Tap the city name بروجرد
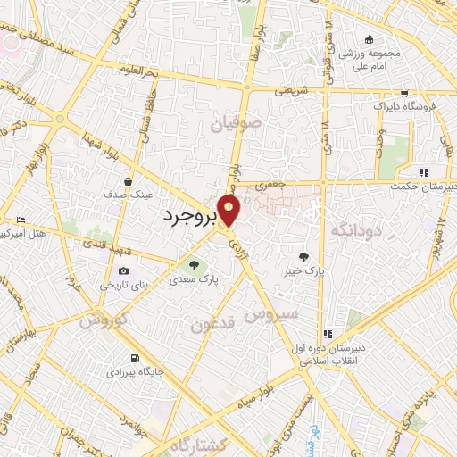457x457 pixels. pos(190,216)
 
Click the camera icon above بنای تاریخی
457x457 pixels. pos(123,270)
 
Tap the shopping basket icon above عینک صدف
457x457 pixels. pos(129,179)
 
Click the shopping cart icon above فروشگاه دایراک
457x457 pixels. pos(404,93)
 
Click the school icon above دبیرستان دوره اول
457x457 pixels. pos(328,334)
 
